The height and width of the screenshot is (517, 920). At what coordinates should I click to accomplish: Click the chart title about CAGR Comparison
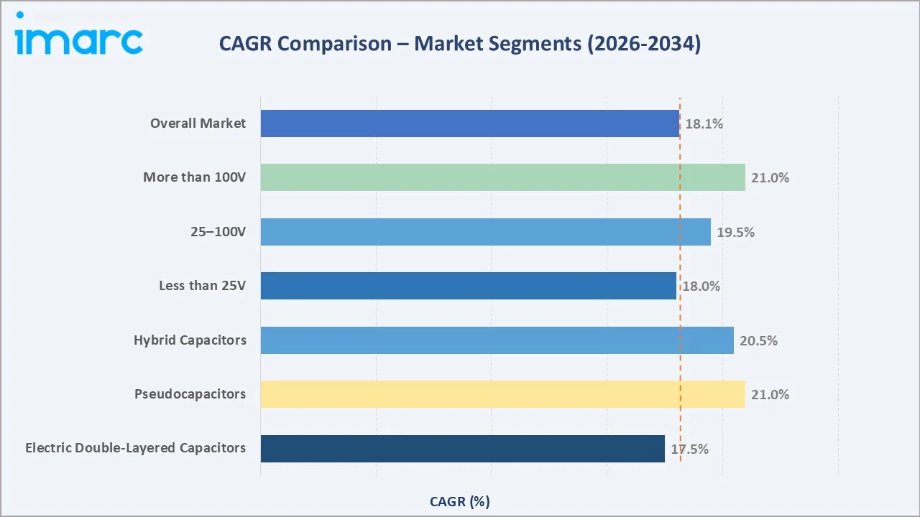460,44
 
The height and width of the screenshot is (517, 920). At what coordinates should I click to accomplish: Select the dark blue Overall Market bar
469,124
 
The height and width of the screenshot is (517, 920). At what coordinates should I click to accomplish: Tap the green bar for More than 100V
502,177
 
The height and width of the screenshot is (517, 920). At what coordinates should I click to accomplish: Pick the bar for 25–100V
485,232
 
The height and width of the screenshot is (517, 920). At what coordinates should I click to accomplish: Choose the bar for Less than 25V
468,286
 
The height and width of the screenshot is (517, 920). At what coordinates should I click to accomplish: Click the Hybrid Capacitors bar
497,340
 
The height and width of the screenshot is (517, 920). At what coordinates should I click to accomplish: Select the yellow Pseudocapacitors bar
502,394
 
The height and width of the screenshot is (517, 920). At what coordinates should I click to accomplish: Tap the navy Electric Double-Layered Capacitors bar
462,449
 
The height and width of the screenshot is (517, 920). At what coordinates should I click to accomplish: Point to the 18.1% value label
704,124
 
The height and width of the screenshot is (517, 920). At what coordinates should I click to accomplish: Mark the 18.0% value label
701,286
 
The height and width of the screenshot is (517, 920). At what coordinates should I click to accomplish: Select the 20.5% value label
758,340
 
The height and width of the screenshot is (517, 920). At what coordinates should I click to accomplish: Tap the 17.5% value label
690,449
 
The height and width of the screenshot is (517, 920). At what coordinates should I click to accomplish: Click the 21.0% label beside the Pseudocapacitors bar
770,394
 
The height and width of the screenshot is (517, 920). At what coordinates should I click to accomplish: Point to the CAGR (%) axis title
460,501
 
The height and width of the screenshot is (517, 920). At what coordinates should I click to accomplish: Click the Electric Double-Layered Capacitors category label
135,448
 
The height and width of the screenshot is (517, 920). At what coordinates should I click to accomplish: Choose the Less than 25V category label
202,286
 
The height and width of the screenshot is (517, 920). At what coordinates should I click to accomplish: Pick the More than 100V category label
194,177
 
